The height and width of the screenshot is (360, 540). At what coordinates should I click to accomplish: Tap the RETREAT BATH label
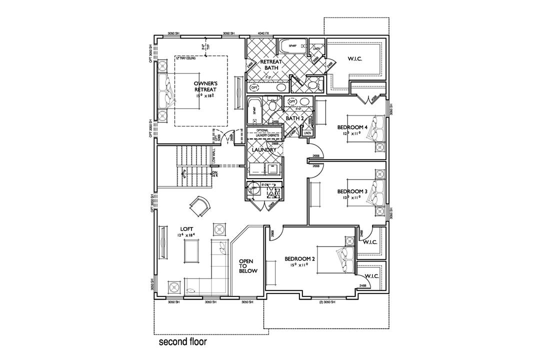(272, 65)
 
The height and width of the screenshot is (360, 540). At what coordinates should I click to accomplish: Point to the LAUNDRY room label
(263, 149)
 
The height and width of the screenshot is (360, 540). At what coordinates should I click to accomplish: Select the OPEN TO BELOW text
(248, 266)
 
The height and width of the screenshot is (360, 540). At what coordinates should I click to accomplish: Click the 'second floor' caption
(182, 343)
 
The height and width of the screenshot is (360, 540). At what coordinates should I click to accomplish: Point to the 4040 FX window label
(263, 33)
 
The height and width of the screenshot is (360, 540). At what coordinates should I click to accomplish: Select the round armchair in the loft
(201, 204)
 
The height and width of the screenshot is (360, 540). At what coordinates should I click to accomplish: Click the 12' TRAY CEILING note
(185, 58)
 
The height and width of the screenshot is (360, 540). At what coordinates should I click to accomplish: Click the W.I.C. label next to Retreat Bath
(354, 59)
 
